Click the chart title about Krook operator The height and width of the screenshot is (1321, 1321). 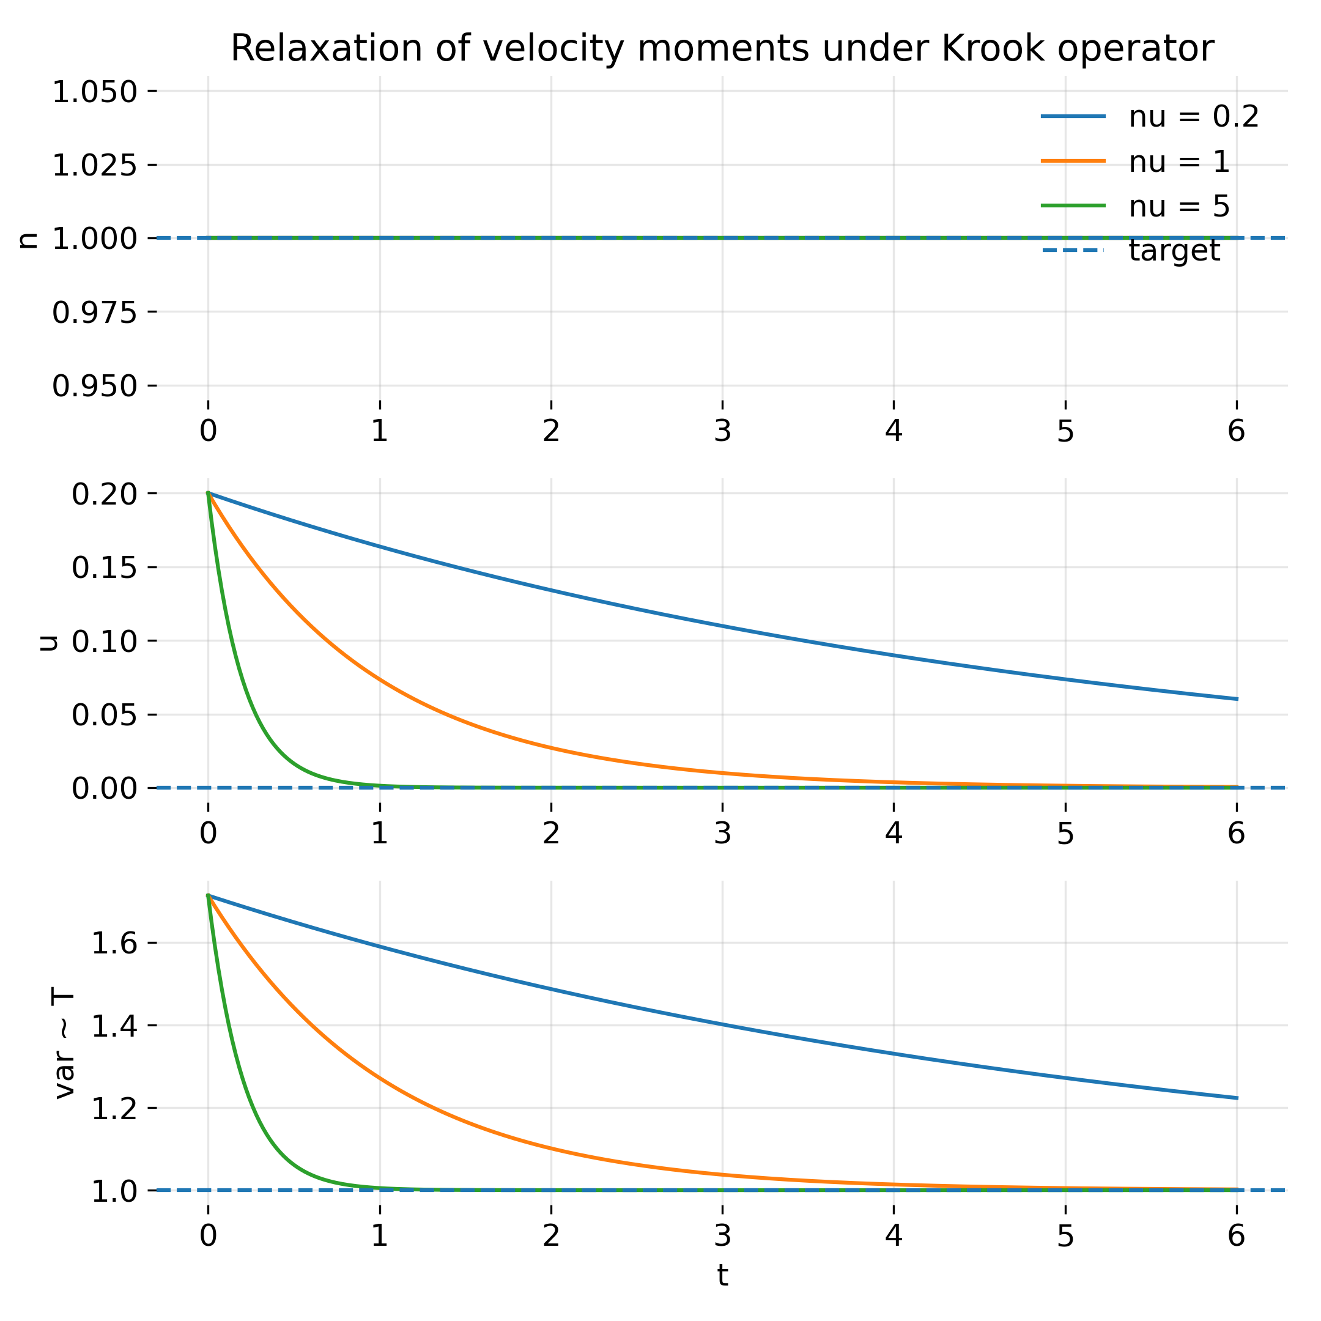[722, 49]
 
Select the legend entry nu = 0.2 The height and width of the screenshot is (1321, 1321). [1193, 117]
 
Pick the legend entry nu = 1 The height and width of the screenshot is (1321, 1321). [1180, 162]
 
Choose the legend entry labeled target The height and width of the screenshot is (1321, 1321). [1174, 250]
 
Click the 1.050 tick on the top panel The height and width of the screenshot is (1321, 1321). [95, 92]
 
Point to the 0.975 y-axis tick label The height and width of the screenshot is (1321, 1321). [95, 313]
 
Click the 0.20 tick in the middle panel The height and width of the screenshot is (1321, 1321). [105, 494]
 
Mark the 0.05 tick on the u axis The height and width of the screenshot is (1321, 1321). [105, 715]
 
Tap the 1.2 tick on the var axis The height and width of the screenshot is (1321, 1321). [114, 1108]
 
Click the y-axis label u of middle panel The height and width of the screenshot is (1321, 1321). [48, 642]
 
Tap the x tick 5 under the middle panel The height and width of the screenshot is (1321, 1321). [1065, 834]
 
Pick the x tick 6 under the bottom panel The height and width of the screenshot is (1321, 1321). [1236, 1235]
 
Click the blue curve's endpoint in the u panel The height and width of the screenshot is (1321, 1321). [1237, 699]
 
